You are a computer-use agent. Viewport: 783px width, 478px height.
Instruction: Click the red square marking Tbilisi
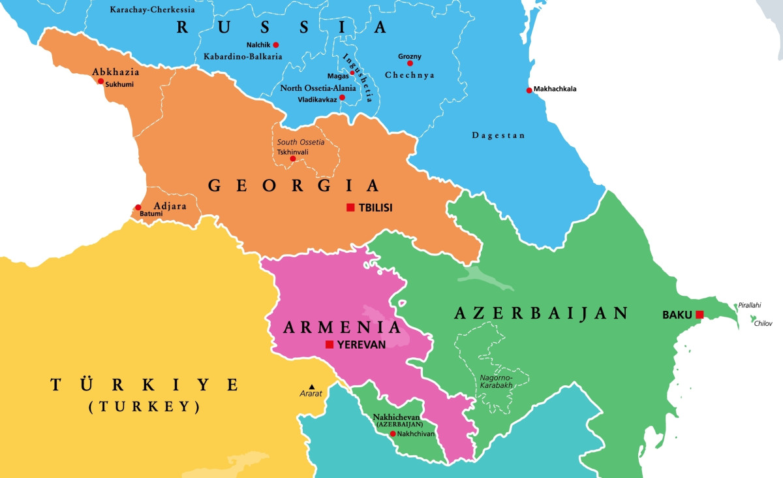click(x=350, y=208)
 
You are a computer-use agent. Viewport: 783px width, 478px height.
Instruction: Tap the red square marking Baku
click(x=699, y=315)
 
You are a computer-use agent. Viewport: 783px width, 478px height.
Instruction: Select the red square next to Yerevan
click(x=330, y=344)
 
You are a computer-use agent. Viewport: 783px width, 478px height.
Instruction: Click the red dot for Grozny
click(x=410, y=63)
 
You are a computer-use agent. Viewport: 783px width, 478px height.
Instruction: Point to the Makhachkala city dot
click(x=529, y=90)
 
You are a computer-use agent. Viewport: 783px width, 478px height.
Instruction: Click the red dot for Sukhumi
click(x=100, y=82)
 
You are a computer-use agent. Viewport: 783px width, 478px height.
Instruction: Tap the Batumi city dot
click(x=138, y=208)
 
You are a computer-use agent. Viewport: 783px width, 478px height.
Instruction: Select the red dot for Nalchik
click(x=275, y=44)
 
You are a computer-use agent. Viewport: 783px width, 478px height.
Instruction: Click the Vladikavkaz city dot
click(x=342, y=97)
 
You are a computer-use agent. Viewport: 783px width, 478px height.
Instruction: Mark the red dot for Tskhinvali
click(x=292, y=159)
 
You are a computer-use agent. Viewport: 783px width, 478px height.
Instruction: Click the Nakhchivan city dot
click(x=393, y=434)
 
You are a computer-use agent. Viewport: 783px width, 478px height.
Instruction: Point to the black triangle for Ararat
click(x=312, y=387)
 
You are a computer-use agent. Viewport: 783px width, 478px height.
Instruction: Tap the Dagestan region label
click(x=499, y=135)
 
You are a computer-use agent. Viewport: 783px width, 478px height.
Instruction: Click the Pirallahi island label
click(x=749, y=305)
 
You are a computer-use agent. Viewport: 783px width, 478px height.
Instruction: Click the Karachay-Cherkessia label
click(x=152, y=10)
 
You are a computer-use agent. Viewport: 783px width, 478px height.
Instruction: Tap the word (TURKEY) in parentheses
click(x=144, y=407)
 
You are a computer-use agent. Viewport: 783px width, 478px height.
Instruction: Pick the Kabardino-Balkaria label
click(x=243, y=57)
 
